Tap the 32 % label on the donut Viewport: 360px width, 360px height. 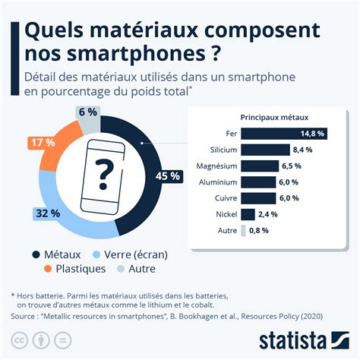[x=47, y=213]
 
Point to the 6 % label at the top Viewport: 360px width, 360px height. [x=87, y=112]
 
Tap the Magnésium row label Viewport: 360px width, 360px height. [x=218, y=166]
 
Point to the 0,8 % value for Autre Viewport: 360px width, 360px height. [x=259, y=231]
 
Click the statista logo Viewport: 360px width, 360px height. [x=305, y=338]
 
